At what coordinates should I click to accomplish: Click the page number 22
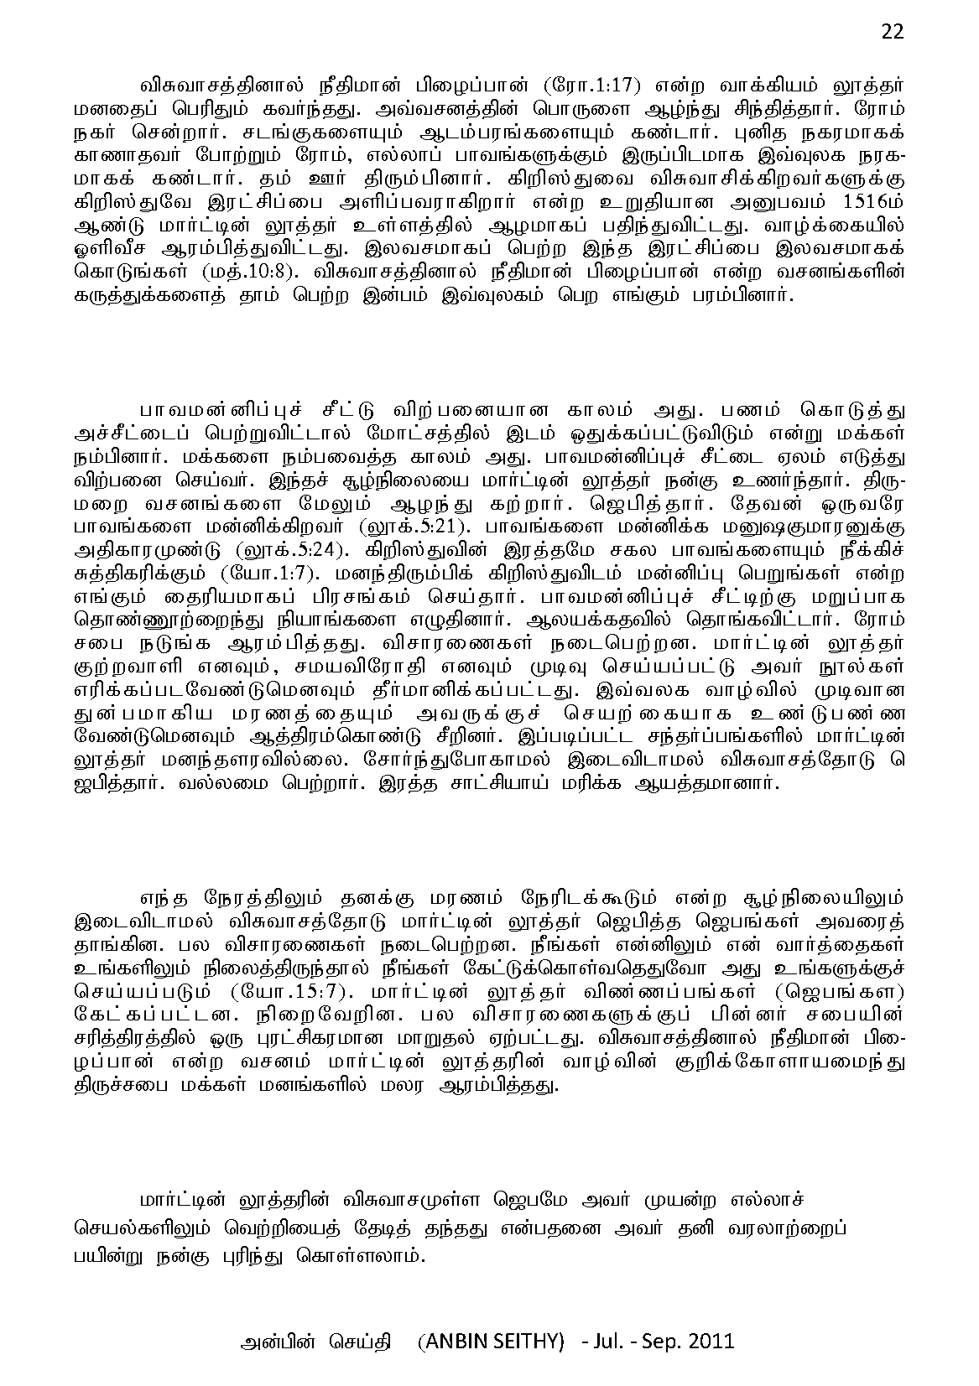893,31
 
